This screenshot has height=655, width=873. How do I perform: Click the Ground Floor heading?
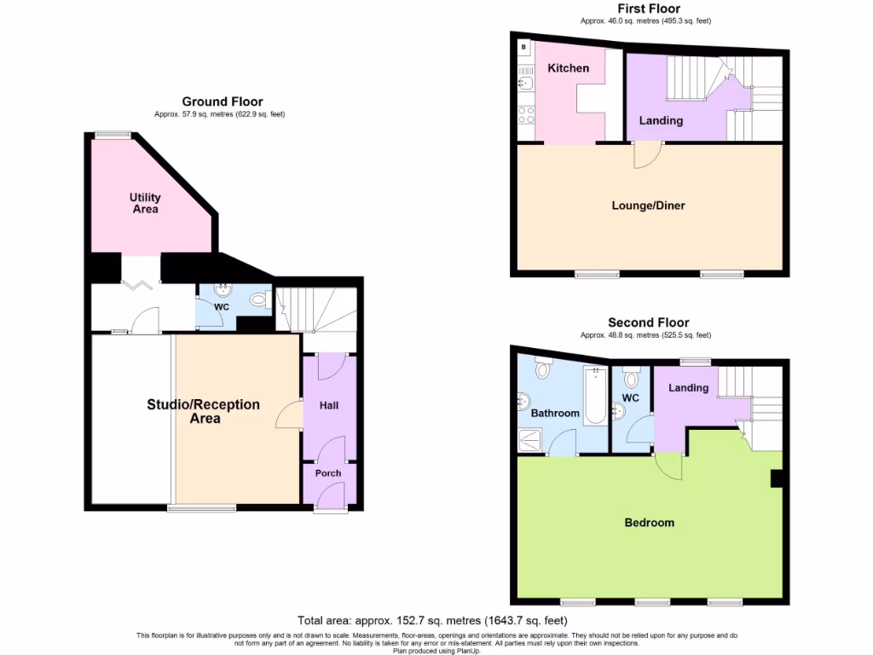(222, 101)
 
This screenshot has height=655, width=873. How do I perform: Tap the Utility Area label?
(145, 203)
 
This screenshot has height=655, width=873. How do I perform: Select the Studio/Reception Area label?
(203, 411)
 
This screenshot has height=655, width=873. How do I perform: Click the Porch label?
(328, 473)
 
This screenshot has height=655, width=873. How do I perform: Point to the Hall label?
(329, 405)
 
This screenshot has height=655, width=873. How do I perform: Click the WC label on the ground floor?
(223, 306)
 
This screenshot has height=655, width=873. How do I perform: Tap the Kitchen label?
(568, 68)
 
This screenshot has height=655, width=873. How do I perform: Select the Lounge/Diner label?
(648, 206)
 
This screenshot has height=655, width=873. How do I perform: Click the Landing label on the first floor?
(661, 120)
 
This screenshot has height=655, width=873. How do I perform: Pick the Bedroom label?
(649, 523)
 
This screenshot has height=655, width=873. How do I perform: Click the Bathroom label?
(555, 413)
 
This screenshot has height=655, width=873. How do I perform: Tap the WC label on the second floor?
(631, 397)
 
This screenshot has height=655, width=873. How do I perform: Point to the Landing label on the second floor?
(688, 388)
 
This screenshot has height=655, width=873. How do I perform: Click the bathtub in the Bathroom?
(596, 395)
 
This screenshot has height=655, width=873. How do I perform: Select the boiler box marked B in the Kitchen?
(523, 48)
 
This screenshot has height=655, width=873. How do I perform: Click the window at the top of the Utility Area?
(113, 134)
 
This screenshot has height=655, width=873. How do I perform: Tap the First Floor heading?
(648, 9)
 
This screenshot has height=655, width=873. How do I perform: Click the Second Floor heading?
(648, 322)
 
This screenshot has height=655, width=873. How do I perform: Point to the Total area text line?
(432, 620)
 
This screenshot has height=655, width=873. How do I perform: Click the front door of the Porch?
(330, 509)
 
